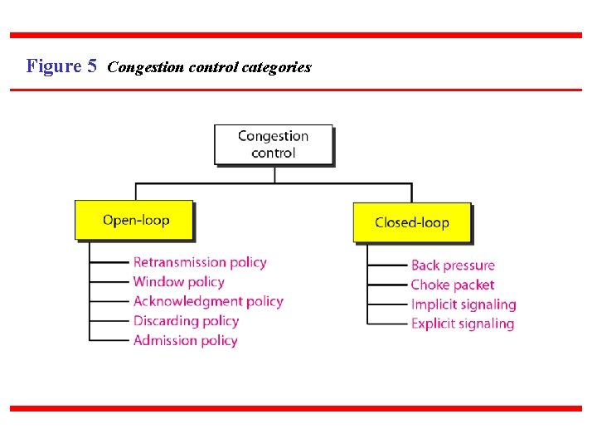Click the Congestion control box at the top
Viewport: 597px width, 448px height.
273,144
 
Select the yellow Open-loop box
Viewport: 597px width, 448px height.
134,220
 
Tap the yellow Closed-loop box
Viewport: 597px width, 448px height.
411,222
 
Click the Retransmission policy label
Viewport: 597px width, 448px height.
200,262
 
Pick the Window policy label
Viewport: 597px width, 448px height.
178,282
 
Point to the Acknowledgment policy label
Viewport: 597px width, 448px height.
208,301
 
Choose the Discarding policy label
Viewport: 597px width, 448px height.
186,321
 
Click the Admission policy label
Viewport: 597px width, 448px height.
185,340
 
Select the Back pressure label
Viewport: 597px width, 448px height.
453,265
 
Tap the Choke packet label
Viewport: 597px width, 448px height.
452,285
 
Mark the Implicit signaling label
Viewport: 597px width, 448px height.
463,304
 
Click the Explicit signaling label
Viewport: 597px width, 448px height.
463,324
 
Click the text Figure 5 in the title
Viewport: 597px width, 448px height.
61,66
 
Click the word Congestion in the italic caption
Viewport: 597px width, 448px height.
146,67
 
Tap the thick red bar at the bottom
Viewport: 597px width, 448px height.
296,408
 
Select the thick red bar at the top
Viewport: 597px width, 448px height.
296,36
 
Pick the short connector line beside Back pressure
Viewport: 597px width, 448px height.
388,265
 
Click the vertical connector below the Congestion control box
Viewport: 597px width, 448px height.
274,174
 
